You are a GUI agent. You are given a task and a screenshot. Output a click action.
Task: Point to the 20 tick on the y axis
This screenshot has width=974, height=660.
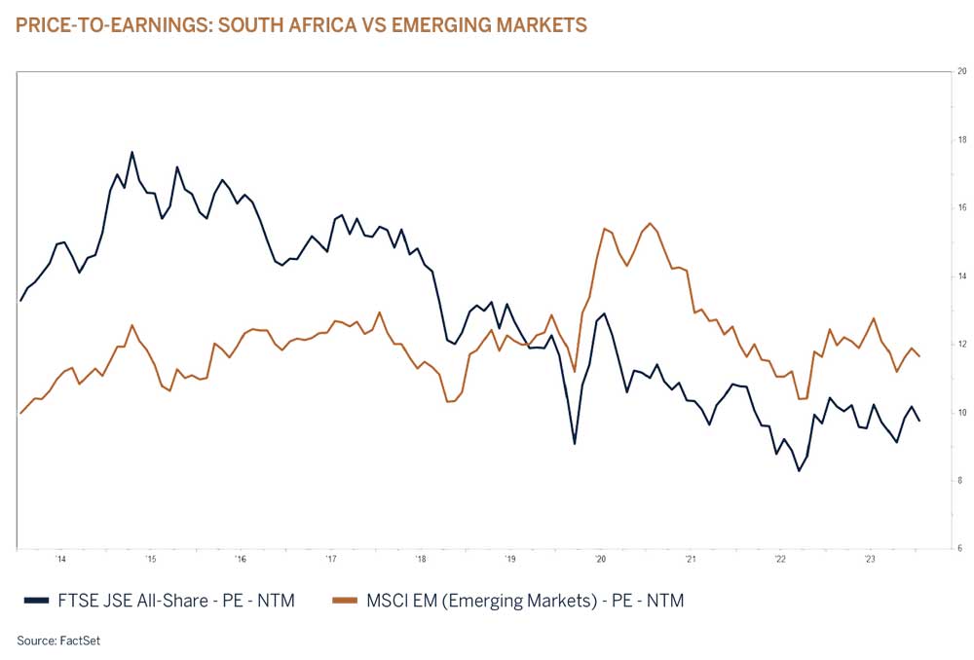click(x=960, y=72)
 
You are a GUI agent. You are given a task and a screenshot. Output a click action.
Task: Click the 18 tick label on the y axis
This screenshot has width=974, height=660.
click(x=960, y=140)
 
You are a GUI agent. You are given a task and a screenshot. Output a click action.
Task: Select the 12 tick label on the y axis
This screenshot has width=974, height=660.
click(x=960, y=345)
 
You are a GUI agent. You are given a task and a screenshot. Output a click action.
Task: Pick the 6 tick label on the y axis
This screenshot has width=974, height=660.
click(x=961, y=549)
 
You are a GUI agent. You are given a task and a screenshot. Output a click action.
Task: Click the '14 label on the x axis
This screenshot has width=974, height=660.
click(x=60, y=560)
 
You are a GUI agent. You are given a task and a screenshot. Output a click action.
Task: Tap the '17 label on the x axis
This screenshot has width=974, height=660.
click(x=331, y=560)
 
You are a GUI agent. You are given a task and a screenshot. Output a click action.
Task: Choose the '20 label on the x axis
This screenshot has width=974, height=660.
click(x=600, y=560)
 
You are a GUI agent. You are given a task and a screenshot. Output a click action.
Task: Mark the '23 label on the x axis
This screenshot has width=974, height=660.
click(x=870, y=560)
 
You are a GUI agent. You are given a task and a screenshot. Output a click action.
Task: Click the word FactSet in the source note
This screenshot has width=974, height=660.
click(x=81, y=641)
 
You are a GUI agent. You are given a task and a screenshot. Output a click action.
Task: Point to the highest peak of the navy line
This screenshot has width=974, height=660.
click(x=132, y=152)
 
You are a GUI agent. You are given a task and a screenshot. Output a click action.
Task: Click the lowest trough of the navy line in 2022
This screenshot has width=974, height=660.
click(x=799, y=471)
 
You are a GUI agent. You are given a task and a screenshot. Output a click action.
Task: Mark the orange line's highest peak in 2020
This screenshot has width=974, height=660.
click(x=650, y=223)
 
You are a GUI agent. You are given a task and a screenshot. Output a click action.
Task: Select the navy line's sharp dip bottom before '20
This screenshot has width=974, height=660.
click(x=575, y=444)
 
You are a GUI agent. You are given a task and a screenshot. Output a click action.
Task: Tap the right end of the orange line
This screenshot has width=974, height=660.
click(x=919, y=356)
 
